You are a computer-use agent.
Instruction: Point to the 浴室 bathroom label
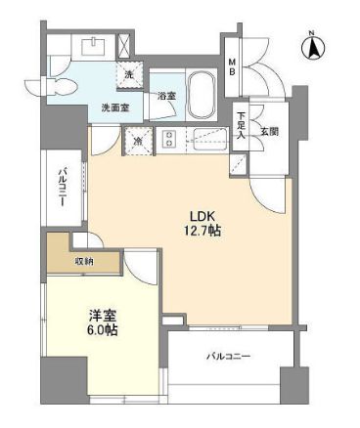(x=166, y=96)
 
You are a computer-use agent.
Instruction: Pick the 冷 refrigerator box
(x=138, y=141)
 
